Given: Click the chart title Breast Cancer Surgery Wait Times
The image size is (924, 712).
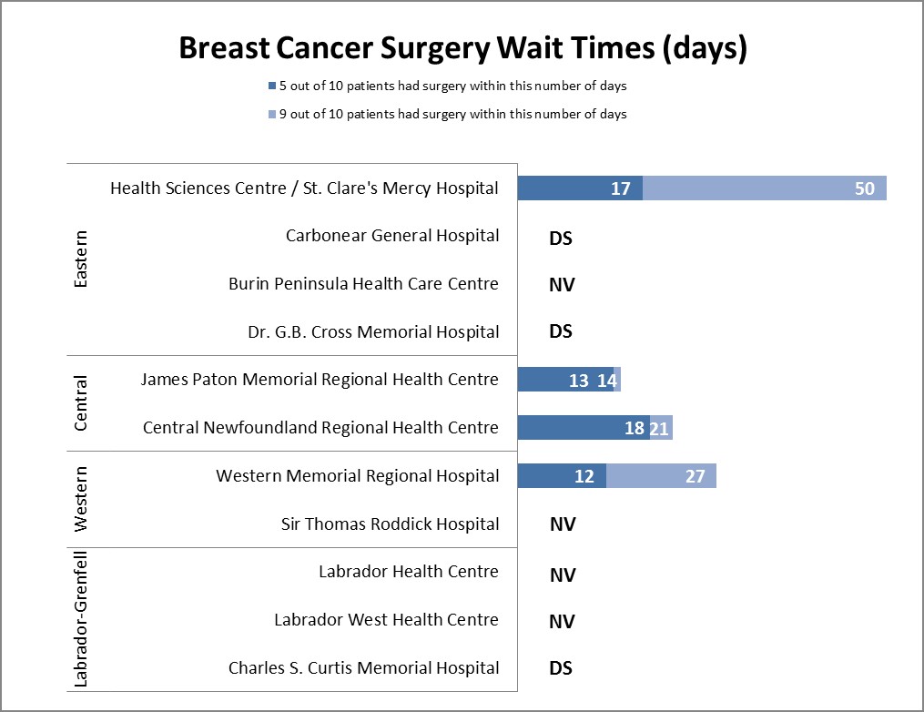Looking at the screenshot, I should pyautogui.click(x=462, y=48).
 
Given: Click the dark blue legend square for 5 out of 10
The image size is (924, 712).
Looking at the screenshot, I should pyautogui.click(x=270, y=86).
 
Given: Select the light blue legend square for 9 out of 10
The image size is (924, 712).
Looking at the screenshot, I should pyautogui.click(x=270, y=115).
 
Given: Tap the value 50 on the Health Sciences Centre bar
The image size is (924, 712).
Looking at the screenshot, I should pyautogui.click(x=864, y=188).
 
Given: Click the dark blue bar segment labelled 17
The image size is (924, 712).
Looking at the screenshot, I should pyautogui.click(x=580, y=188).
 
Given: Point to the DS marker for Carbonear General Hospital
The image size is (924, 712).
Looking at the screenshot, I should pyautogui.click(x=561, y=239).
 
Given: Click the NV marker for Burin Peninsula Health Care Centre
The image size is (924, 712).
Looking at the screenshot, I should pyautogui.click(x=562, y=285).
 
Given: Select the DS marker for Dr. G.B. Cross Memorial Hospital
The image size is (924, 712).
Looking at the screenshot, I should pyautogui.click(x=561, y=331).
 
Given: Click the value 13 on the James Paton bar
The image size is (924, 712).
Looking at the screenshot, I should pyautogui.click(x=579, y=381).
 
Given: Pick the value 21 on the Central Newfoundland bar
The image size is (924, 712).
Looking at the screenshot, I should pyautogui.click(x=659, y=428).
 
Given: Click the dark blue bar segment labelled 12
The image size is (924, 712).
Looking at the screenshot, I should pyautogui.click(x=562, y=476).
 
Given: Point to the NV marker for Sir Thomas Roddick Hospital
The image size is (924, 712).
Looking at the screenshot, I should pyautogui.click(x=562, y=524).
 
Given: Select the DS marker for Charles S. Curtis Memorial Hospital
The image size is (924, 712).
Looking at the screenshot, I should pyautogui.click(x=561, y=668).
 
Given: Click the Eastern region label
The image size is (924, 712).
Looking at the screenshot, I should pyautogui.click(x=81, y=259).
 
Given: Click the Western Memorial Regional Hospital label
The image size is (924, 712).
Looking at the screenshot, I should pyautogui.click(x=357, y=476).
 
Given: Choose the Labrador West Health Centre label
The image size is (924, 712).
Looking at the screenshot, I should pyautogui.click(x=386, y=620).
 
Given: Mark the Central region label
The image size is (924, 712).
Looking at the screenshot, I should pyautogui.click(x=81, y=403).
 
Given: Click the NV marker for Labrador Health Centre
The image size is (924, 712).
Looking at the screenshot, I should pyautogui.click(x=562, y=575).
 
